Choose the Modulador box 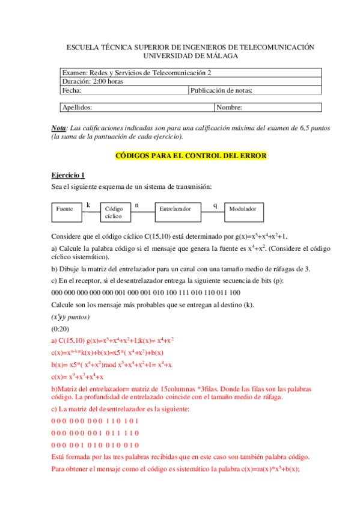(243, 209)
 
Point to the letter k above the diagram (88, 204)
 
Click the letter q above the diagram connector (215, 204)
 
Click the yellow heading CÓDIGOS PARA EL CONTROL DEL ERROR (191, 156)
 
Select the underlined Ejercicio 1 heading (68, 175)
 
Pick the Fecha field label (72, 91)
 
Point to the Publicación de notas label (221, 91)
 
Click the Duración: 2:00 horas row (93, 82)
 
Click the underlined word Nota (59, 129)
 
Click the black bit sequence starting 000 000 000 (146, 293)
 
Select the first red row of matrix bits (96, 420)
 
